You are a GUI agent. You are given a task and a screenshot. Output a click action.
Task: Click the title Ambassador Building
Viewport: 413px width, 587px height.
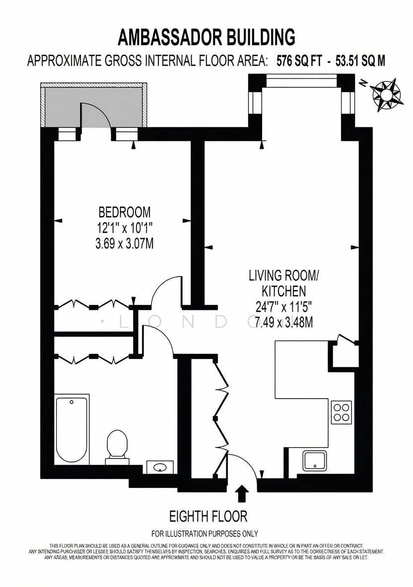click(206, 38)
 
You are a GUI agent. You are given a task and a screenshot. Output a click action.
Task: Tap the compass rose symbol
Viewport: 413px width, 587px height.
click(387, 95)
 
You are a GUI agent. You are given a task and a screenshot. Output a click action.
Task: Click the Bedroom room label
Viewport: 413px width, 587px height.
click(125, 212)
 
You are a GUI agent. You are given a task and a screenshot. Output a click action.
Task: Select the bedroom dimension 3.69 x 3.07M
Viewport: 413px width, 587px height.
click(125, 244)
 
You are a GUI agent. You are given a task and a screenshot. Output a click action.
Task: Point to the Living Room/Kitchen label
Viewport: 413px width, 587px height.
click(284, 283)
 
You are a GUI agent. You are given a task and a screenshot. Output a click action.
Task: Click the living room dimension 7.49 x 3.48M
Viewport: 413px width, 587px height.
click(284, 322)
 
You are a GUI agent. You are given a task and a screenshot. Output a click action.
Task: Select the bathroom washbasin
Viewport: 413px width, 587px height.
click(160, 467)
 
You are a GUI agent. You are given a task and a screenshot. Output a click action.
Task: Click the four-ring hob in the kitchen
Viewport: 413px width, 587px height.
click(342, 412)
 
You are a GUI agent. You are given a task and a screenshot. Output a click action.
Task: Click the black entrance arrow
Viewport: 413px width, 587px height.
click(243, 494)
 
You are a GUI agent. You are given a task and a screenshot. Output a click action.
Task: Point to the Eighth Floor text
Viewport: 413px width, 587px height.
click(208, 517)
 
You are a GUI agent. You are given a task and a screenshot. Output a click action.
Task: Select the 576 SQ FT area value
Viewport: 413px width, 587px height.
click(299, 61)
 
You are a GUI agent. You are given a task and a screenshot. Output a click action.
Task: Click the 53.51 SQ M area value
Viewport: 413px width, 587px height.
click(360, 61)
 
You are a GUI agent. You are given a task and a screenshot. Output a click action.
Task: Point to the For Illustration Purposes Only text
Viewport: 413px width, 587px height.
click(205, 533)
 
